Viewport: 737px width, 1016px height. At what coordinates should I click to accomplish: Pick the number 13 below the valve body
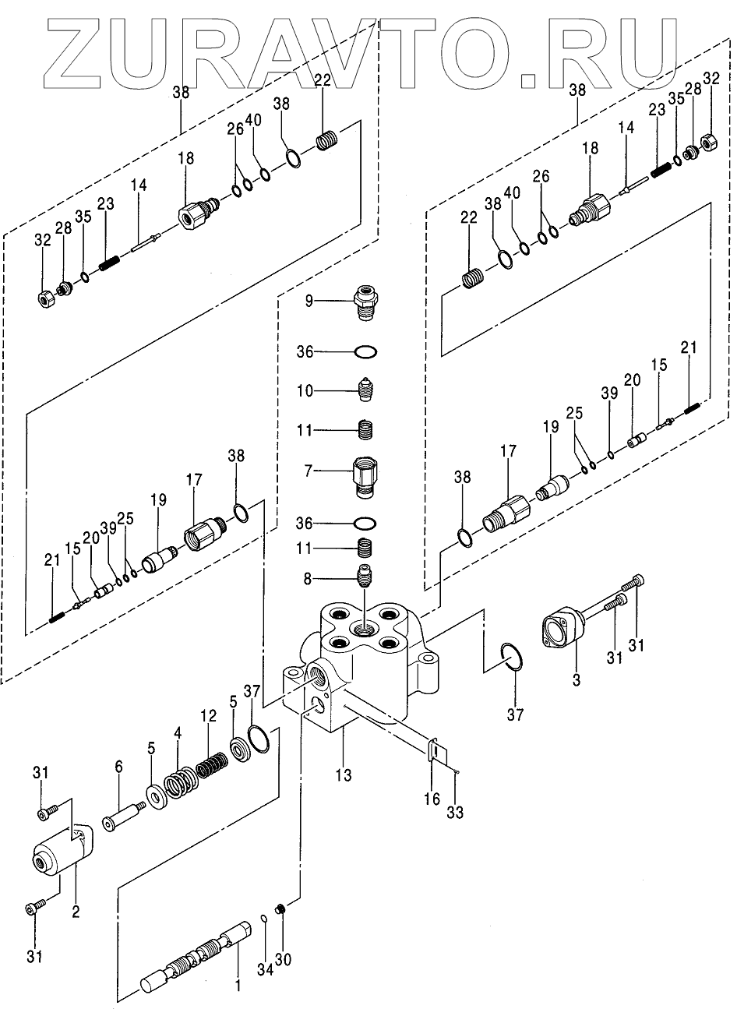(344, 775)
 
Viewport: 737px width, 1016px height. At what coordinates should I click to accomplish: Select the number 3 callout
(577, 680)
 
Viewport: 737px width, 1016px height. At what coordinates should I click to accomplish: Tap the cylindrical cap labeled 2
(56, 855)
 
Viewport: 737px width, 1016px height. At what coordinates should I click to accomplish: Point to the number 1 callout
(238, 987)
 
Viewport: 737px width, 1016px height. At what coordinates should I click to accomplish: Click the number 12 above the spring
(207, 715)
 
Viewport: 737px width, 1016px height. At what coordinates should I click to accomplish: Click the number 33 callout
(455, 813)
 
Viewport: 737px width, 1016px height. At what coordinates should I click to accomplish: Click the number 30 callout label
(284, 958)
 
